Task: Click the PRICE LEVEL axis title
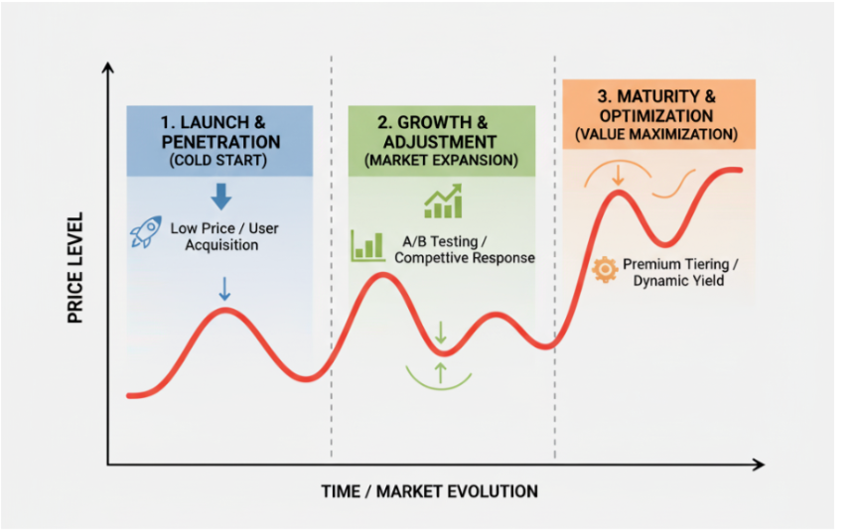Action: [x=75, y=268]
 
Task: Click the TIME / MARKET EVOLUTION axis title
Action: [x=429, y=491]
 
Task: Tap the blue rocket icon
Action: [x=146, y=232]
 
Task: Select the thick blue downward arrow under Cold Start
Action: [x=220, y=197]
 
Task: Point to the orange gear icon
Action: [x=605, y=270]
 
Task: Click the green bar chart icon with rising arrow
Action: [x=443, y=200]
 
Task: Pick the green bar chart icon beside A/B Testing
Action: [x=368, y=246]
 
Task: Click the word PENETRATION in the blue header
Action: [x=220, y=142]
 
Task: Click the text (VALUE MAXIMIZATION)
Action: [x=656, y=134]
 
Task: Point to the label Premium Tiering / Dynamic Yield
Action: [x=679, y=272]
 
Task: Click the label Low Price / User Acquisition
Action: [x=224, y=236]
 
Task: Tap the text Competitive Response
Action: [x=465, y=258]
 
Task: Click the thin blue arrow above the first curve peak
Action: [x=224, y=289]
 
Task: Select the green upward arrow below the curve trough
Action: [x=441, y=373]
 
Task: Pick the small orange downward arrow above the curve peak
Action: [x=618, y=176]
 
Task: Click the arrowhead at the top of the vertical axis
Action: [x=107, y=66]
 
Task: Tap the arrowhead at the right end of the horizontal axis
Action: [x=760, y=465]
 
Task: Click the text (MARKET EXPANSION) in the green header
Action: [x=441, y=161]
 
